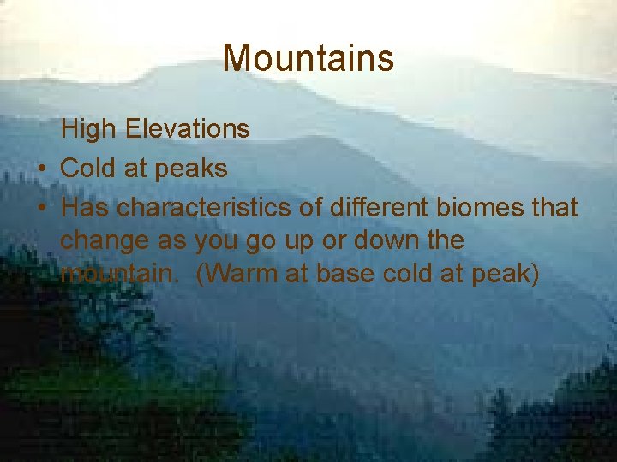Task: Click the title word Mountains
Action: point(308,59)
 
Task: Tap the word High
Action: point(90,129)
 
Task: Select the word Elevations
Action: point(187,129)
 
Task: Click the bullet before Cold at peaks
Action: point(41,169)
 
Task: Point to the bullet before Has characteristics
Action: point(41,208)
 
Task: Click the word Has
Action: point(86,208)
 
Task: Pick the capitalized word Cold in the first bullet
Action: point(88,169)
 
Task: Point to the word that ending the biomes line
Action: point(554,208)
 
